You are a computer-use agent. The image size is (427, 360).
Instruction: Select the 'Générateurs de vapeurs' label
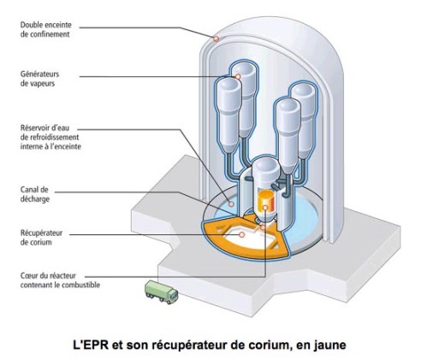pos(48,80)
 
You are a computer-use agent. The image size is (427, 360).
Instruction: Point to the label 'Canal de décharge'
pos(38,194)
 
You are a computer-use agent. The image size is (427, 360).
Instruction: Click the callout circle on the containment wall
pos(217,38)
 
